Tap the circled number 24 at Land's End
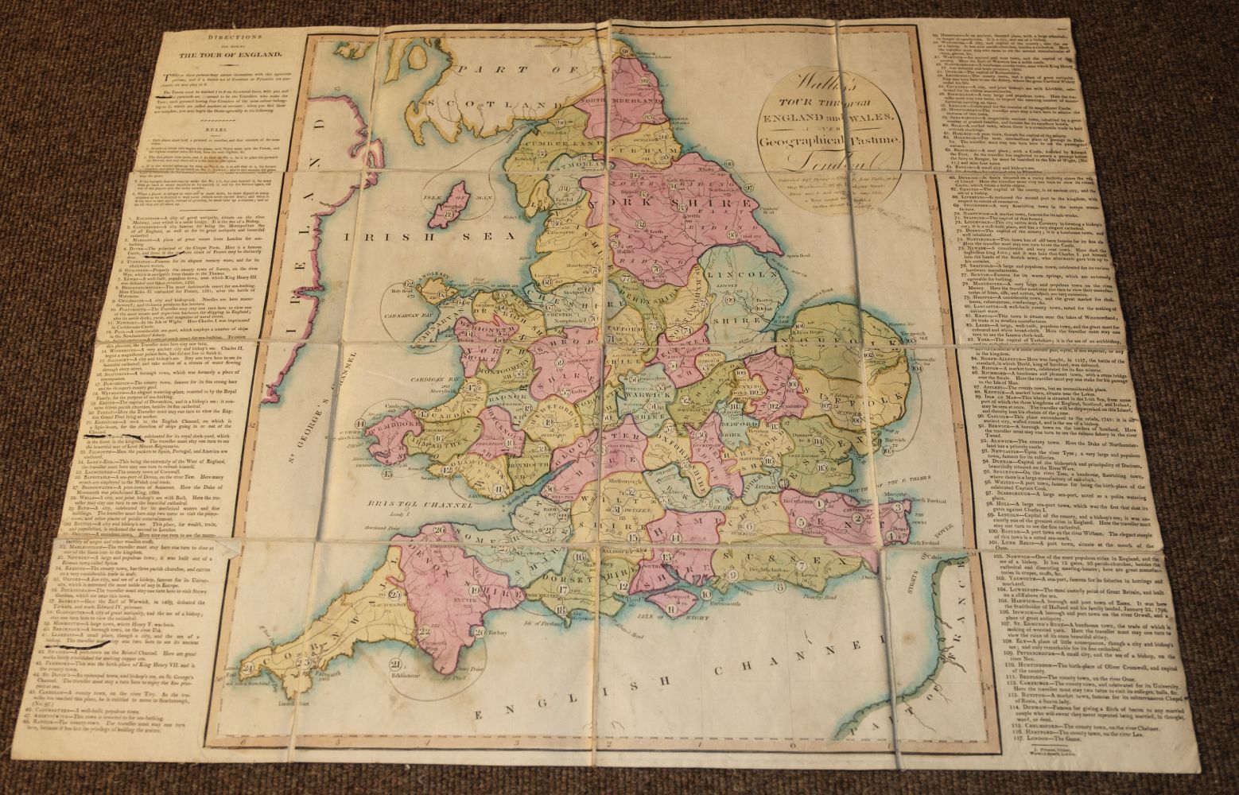[x=247, y=668]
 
